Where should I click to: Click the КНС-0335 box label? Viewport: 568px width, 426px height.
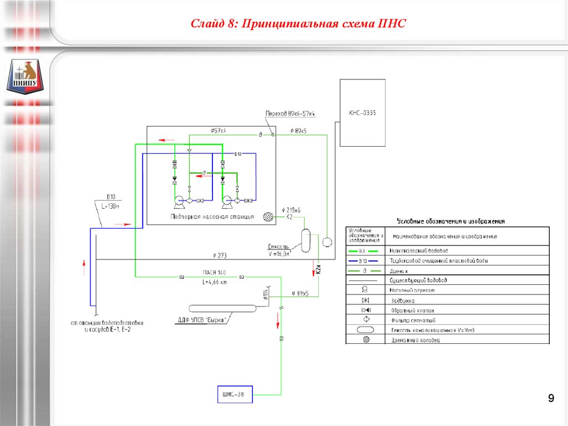pos(362,113)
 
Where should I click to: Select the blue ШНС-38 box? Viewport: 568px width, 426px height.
pos(234,394)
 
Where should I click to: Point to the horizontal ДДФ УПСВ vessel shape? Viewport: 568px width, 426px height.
pos(222,308)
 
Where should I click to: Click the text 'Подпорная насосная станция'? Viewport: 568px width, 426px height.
pos(212,217)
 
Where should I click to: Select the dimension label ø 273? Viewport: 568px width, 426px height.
pos(220,255)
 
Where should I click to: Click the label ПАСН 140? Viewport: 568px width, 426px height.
pos(213,273)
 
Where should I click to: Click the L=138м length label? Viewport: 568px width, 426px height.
pos(110,206)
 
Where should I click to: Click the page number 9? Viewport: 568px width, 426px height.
pos(550,398)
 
